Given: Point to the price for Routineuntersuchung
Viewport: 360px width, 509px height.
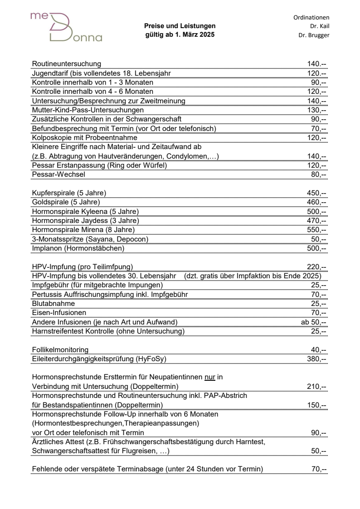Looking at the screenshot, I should [x=316, y=63].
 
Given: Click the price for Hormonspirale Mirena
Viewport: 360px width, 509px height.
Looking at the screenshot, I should [x=316, y=230].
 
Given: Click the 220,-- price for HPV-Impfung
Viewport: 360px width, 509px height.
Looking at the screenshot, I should [x=316, y=267].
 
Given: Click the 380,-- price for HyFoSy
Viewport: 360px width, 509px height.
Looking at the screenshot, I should [x=316, y=359].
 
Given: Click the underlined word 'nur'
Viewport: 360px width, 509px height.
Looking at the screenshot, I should [x=209, y=377].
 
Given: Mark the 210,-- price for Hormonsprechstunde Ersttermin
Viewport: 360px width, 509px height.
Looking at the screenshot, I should [x=316, y=386].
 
